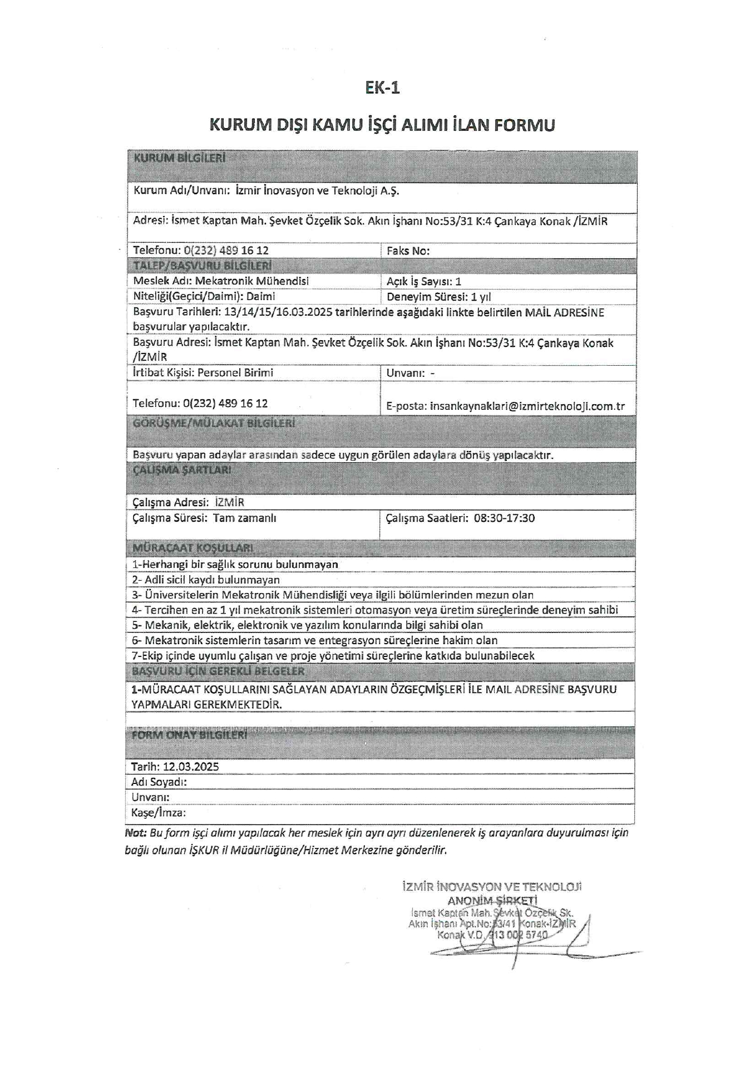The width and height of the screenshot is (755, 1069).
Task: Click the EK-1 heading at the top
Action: click(x=382, y=88)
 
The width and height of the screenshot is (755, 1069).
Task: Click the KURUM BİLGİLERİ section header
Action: click(x=179, y=158)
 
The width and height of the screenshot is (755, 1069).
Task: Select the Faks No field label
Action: click(x=408, y=251)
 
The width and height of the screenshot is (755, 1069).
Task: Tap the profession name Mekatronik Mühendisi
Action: click(x=251, y=281)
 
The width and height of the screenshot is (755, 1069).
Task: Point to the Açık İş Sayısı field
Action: click(x=424, y=282)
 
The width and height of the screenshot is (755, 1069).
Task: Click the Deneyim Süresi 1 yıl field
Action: click(x=438, y=297)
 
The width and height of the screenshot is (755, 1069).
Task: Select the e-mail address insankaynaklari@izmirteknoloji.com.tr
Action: click(x=527, y=406)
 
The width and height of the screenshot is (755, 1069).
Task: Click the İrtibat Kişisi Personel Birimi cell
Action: click(x=203, y=372)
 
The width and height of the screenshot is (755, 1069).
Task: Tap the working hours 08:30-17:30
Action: click(x=504, y=518)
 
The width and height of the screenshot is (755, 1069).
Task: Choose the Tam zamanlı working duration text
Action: click(x=245, y=518)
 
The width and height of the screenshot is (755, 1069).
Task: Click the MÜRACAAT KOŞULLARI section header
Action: click(x=193, y=548)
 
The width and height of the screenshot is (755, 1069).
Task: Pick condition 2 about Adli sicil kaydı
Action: click(x=206, y=580)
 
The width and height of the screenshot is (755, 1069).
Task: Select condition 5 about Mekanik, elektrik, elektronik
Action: click(x=307, y=625)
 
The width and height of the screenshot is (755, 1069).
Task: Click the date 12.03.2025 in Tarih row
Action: click(x=191, y=767)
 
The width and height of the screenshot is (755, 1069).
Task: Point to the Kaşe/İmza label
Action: click(x=158, y=813)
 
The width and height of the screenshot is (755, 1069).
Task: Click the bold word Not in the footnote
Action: click(x=135, y=833)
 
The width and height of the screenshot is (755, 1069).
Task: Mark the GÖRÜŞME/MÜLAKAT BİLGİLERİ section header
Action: click(x=214, y=423)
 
